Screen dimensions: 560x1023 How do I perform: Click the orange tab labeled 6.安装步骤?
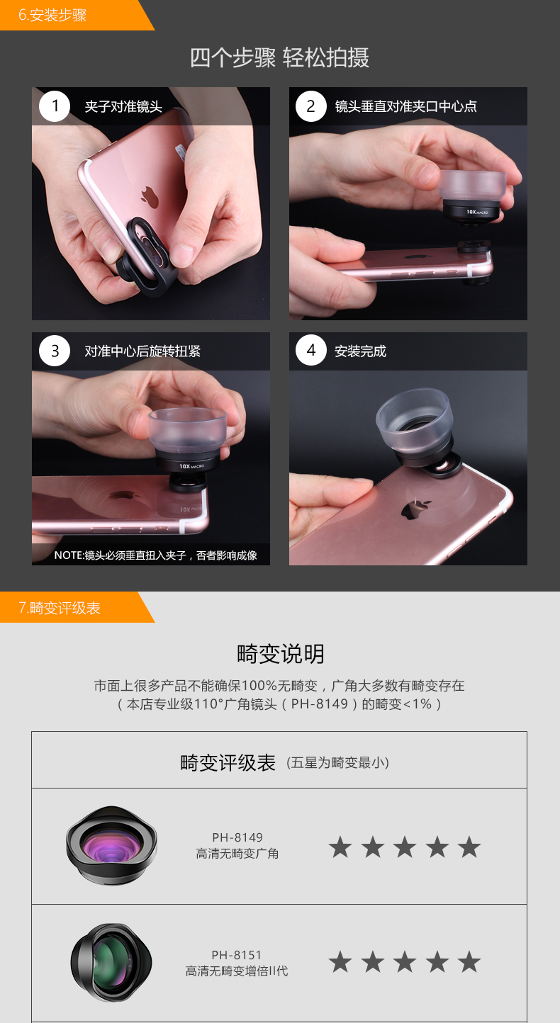[69, 15]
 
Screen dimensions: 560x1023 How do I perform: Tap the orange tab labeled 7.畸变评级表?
[69, 607]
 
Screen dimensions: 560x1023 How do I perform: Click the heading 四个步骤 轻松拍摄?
[280, 58]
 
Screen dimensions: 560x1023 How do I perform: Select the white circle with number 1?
[55, 106]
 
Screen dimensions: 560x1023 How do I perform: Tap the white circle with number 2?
[311, 106]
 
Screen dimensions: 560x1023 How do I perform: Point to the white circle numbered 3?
[55, 351]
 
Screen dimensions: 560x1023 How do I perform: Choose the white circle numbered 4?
[311, 351]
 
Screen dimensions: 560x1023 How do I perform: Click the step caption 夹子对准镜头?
[123, 106]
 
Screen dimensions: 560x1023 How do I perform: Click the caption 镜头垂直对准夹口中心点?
[406, 106]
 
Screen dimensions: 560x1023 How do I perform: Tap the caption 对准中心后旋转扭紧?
[142, 351]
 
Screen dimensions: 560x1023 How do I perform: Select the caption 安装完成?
[360, 351]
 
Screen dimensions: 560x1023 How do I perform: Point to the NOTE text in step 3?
[155, 555]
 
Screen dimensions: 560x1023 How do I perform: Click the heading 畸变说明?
[280, 653]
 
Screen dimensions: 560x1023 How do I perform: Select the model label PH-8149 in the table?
[237, 837]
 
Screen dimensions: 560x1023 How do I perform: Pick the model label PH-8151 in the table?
[236, 955]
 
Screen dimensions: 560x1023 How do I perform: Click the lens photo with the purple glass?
[111, 845]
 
